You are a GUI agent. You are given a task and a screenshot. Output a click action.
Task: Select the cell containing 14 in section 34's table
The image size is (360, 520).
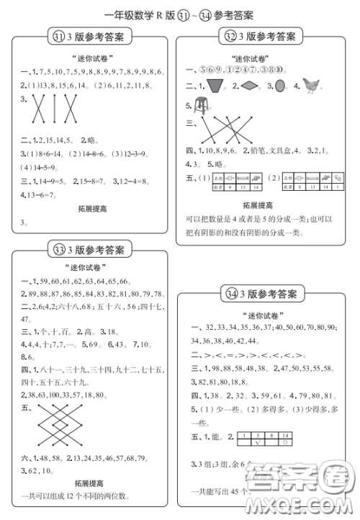(284, 435)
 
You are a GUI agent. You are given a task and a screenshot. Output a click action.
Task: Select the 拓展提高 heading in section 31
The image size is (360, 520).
(92, 209)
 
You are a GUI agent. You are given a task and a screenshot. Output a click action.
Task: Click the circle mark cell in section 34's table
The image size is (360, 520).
(284, 443)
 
